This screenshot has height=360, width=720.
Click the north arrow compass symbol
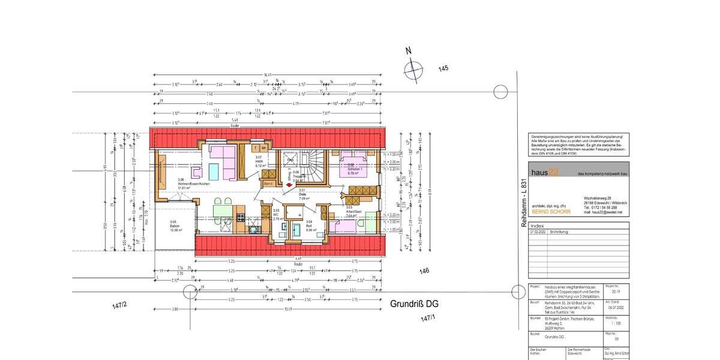[413, 71]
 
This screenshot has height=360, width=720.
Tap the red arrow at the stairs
[290, 185]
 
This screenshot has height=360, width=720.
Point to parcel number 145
[443, 68]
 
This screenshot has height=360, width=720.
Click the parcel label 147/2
[119, 306]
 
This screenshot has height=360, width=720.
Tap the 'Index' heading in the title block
[538, 225]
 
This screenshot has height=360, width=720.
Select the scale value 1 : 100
[611, 322]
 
